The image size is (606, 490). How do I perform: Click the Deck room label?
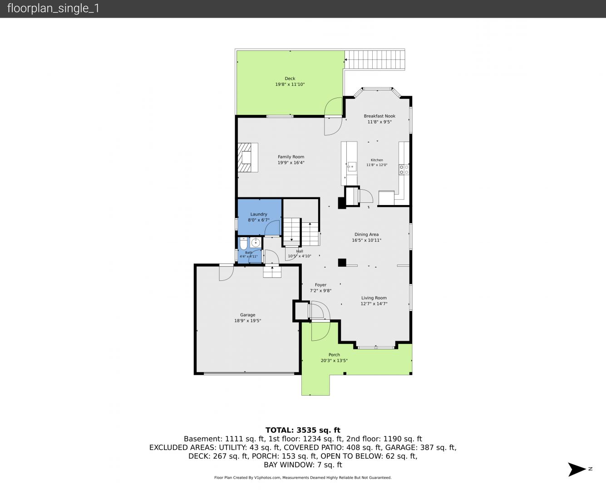290,78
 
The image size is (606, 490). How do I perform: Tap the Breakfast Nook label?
379,116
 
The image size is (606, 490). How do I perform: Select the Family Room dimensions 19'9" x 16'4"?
291,163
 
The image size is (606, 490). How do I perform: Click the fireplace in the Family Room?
248,157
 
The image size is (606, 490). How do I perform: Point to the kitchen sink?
352,167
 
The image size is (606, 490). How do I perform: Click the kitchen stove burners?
404,170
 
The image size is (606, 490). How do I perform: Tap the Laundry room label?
259,214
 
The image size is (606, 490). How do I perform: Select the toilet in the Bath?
244,243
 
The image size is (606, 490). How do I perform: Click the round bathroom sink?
256,243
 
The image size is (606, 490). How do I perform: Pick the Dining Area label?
366,234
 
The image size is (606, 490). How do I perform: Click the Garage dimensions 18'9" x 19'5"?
247,320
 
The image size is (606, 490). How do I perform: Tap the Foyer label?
320,284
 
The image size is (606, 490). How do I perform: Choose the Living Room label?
374,298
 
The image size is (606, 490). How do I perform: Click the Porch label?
334,355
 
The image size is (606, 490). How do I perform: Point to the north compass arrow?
577,469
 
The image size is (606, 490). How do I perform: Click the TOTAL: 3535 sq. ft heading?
303,430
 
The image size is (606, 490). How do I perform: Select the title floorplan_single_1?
53,8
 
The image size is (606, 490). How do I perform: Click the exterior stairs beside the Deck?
374,59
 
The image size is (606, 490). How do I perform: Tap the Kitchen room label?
377,160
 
